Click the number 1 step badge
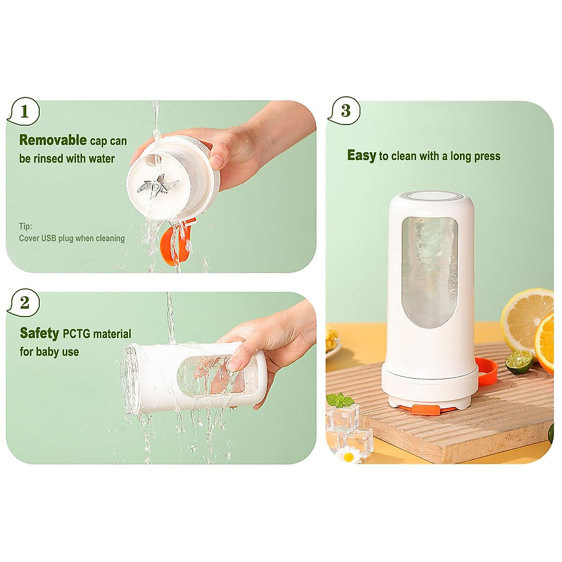(x=24, y=111)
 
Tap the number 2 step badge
(x=24, y=303)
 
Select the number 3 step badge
(x=345, y=111)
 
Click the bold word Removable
(x=52, y=140)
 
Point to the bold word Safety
(x=39, y=333)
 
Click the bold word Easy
(x=361, y=155)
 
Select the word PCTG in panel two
(x=76, y=334)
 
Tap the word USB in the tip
(x=49, y=238)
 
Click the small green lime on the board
(x=518, y=362)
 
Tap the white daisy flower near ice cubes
(x=349, y=454)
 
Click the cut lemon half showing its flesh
(x=526, y=317)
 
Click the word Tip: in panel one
(x=25, y=226)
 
